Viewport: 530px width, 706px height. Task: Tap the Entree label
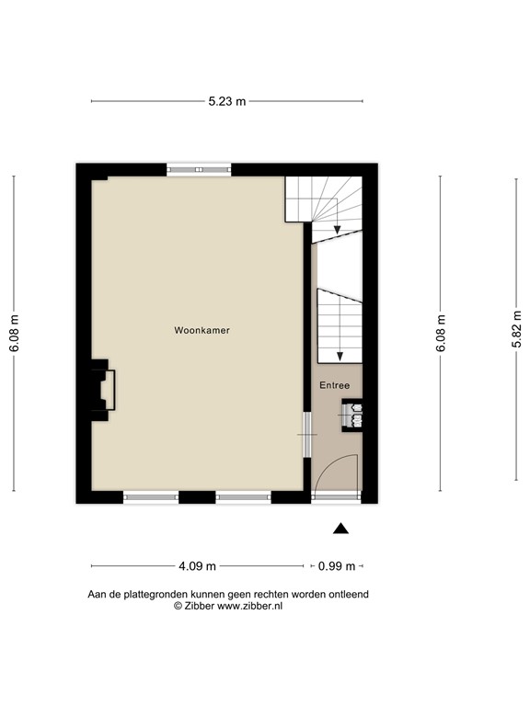tap(334, 385)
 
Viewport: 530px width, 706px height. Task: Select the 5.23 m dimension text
tap(227, 101)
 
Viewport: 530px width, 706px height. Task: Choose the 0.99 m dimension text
tap(336, 566)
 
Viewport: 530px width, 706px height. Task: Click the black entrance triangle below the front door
tap(341, 528)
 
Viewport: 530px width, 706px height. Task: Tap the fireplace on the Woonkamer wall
tap(100, 390)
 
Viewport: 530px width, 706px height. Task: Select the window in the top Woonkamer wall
tap(199, 170)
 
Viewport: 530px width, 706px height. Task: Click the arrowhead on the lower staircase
tap(339, 355)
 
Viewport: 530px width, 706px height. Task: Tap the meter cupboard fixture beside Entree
tap(353, 415)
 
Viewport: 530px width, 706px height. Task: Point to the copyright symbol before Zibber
tap(178, 607)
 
